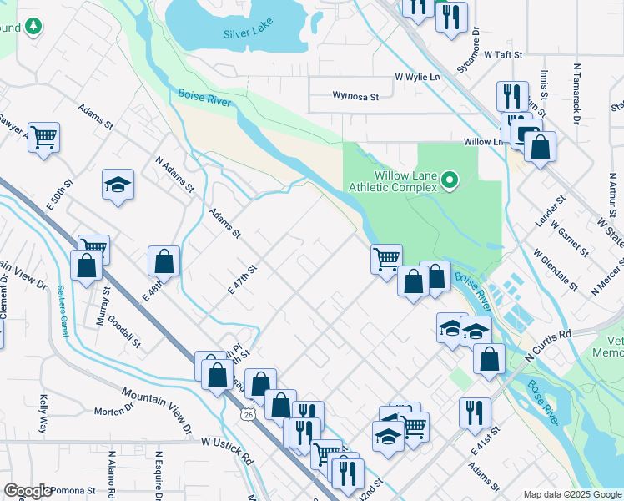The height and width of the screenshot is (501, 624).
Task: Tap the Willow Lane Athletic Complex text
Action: [x=393, y=181]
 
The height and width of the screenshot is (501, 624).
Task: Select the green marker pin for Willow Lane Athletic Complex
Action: [x=450, y=180]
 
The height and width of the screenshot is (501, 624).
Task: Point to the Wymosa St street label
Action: [x=355, y=97]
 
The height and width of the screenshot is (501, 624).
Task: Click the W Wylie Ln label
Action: [x=417, y=77]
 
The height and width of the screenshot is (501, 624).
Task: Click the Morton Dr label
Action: [x=113, y=410]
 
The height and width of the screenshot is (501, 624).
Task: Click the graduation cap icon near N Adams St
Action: [x=118, y=185]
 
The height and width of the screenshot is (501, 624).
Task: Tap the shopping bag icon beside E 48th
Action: [x=164, y=261]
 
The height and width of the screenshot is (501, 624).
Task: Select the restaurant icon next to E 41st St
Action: [x=475, y=412]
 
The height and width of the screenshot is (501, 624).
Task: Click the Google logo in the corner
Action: [x=28, y=491]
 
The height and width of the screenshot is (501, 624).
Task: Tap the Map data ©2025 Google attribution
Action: [x=571, y=494]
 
